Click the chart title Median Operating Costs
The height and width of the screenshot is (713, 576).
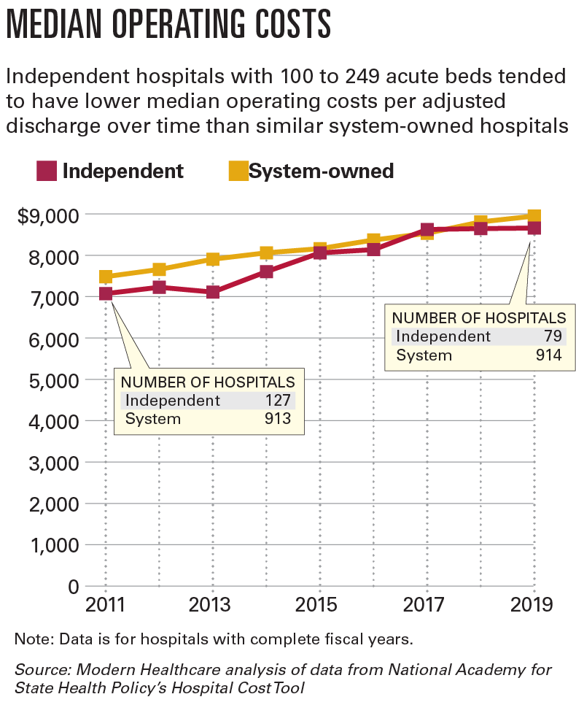[x=168, y=24]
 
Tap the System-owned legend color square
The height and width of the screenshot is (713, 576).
[x=238, y=171]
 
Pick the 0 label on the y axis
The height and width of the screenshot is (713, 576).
[x=72, y=586]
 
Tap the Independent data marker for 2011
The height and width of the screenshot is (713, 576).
[x=106, y=293]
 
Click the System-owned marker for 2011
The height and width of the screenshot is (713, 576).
[x=106, y=277]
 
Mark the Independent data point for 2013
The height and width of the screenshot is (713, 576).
[x=213, y=292]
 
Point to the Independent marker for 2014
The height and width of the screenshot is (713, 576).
[x=266, y=271]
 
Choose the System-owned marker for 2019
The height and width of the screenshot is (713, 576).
[x=534, y=216]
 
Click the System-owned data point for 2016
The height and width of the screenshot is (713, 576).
[x=374, y=239]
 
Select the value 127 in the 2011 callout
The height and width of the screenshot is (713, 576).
[x=279, y=400]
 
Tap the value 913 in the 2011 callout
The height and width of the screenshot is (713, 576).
[x=279, y=419]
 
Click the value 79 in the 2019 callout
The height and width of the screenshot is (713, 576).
[x=553, y=336]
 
